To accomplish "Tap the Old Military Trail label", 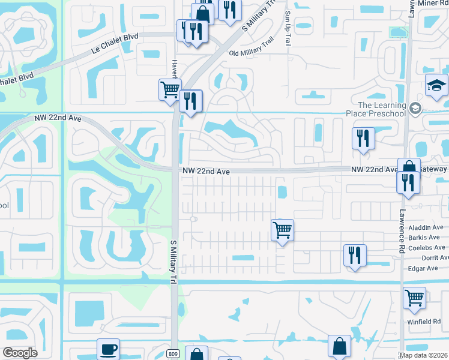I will [x=252, y=53].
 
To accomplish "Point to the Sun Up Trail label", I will [x=288, y=29].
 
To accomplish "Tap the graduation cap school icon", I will [x=436, y=86].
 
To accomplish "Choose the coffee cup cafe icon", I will [x=108, y=349].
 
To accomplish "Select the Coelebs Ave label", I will [x=426, y=247].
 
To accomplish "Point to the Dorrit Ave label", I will [x=435, y=257].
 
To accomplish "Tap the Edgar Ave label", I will [x=423, y=268].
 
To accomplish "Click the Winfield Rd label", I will [x=427, y=322].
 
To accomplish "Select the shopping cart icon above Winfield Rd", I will [x=414, y=297].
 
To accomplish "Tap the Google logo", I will [x=20, y=353].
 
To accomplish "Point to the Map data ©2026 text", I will [x=423, y=355].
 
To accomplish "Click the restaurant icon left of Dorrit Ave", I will [x=355, y=256].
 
